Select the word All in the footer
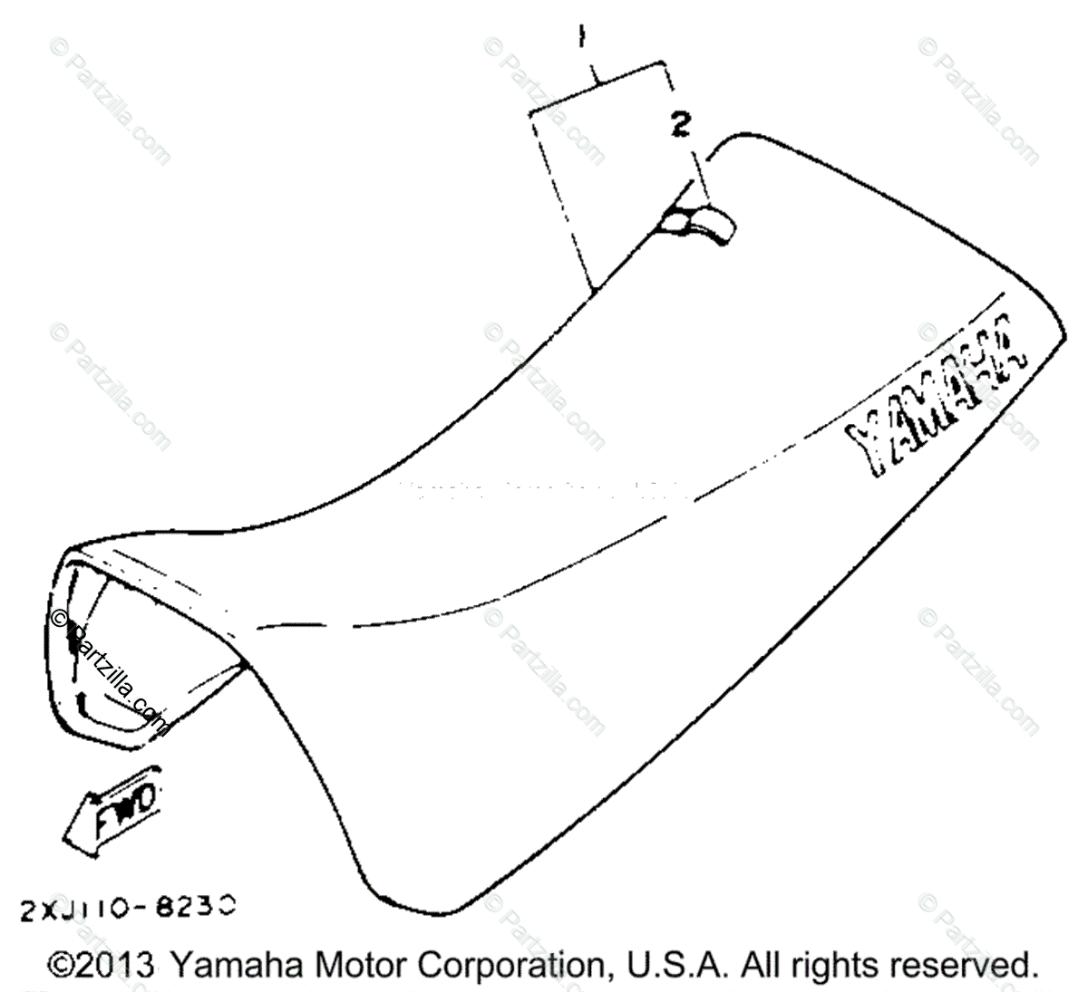tap(764, 964)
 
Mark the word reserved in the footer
tap(965, 964)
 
